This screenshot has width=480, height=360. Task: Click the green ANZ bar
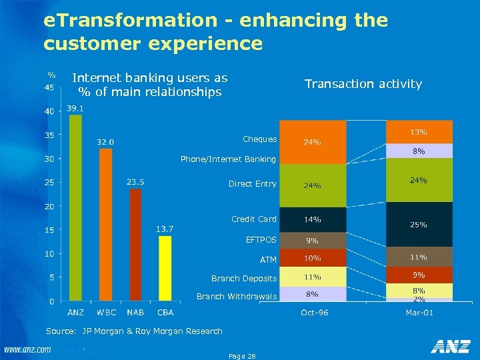(75, 208)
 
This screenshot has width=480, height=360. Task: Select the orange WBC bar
(105, 225)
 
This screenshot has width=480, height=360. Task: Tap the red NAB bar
(135, 245)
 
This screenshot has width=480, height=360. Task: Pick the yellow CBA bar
(165, 268)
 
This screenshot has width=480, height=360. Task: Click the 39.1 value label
(75, 108)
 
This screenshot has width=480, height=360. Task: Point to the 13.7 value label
(165, 229)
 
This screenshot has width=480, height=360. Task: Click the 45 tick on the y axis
(49, 87)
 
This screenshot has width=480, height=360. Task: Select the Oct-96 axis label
(313, 312)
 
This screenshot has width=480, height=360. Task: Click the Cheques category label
(260, 139)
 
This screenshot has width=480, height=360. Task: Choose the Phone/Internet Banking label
(228, 159)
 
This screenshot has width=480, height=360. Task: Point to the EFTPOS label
(261, 239)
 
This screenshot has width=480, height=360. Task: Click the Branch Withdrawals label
(236, 296)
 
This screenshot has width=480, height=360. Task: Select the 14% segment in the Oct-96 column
(313, 219)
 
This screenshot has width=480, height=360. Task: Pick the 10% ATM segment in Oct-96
(313, 258)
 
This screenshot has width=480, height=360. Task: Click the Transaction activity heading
(363, 84)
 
